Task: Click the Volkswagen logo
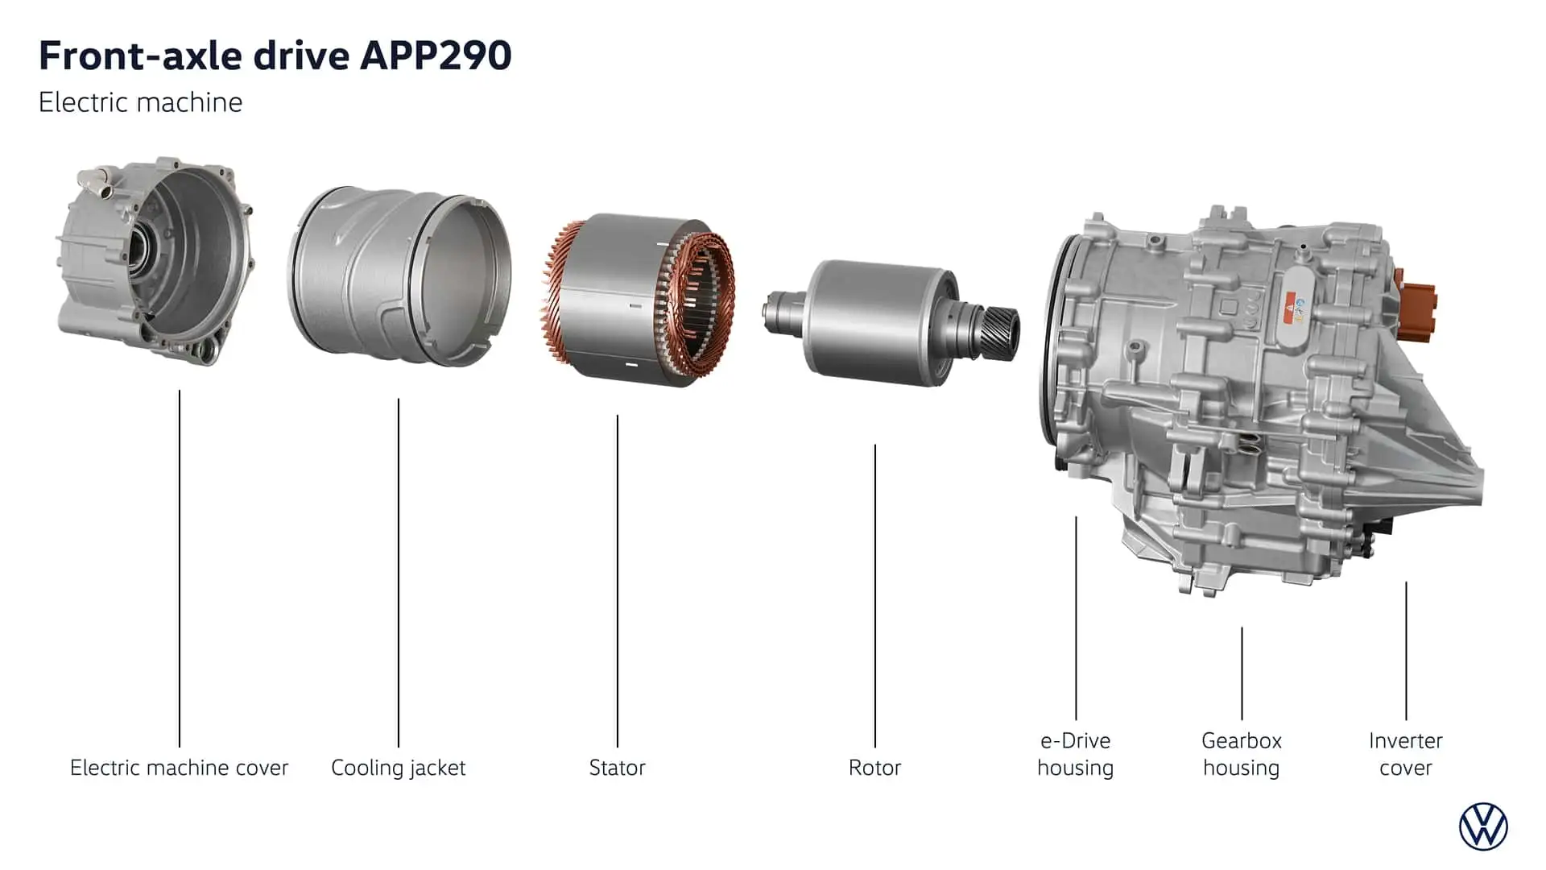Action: (1483, 826)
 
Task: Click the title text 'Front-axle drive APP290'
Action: (275, 56)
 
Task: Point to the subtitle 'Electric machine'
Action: (140, 102)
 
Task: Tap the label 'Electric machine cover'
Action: (179, 768)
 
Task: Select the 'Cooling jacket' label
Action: (399, 768)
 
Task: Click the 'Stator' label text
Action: (617, 768)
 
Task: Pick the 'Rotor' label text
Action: (874, 768)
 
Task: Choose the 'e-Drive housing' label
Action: (1076, 754)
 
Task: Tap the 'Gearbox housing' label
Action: (1242, 754)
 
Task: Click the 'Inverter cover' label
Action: (1406, 754)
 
